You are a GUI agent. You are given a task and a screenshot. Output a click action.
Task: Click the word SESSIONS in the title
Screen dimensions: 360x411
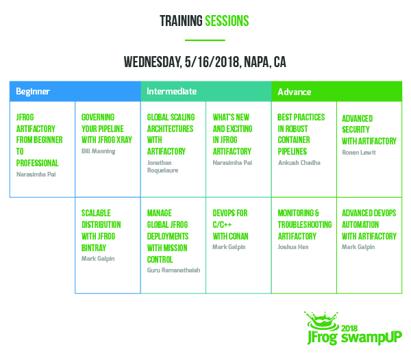[227, 21]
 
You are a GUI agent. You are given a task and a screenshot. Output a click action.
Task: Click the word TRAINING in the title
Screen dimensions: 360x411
[181, 21]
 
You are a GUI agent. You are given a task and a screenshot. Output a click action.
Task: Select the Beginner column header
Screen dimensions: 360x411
[34, 91]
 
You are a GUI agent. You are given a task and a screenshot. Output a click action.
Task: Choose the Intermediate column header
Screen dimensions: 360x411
[173, 91]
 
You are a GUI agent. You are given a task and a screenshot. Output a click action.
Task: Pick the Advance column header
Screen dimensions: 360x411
[295, 91]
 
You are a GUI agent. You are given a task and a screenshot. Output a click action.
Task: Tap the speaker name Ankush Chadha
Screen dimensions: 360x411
[299, 163]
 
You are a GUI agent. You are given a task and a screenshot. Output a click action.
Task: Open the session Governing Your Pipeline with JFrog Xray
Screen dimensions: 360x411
[105, 129]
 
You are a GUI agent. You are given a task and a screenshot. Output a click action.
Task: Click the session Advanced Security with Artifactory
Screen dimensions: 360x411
[369, 129]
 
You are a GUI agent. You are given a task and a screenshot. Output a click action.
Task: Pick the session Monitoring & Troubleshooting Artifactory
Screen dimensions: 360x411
[304, 224]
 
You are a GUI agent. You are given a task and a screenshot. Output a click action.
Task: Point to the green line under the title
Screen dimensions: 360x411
[205, 40]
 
